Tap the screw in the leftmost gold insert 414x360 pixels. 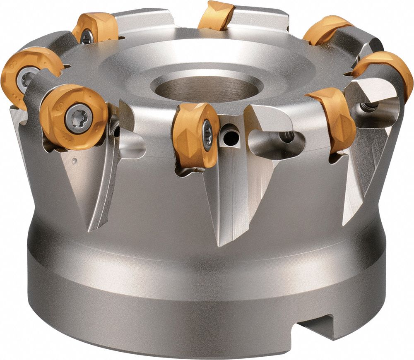click(26, 77)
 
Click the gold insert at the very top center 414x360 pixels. click(216, 16)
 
